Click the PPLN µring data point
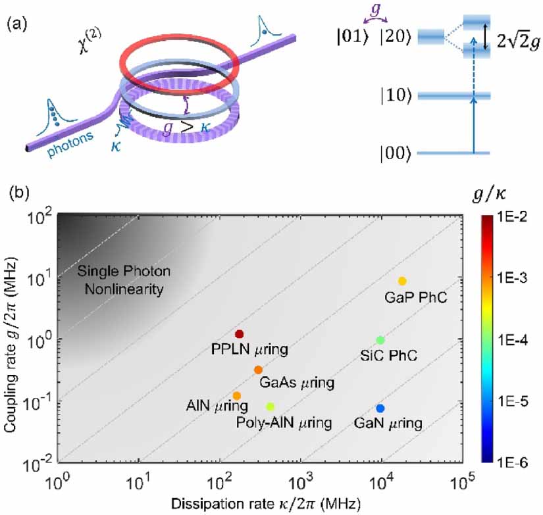pos(240,334)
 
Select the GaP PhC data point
pos(403,282)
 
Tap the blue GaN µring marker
pos(380,408)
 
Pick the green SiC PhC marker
pos(380,340)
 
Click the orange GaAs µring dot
pos(258,370)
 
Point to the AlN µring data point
pos(237,395)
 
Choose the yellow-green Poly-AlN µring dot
pos(270,406)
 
